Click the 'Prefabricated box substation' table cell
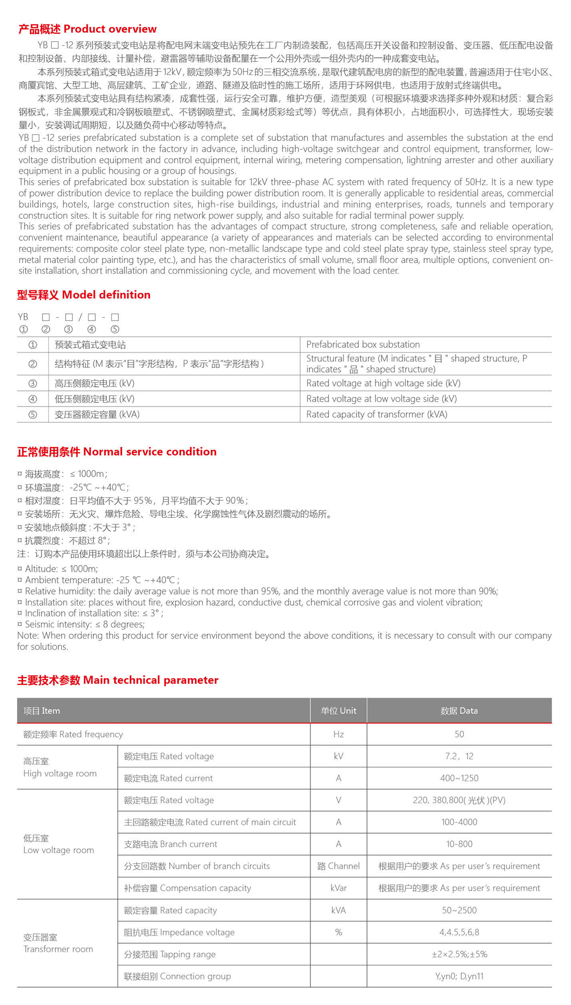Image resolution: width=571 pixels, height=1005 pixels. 363,345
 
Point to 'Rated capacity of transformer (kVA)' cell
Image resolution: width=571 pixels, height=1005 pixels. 376,414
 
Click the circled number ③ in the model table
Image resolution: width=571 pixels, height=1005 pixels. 33,384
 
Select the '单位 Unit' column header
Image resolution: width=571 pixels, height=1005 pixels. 338,711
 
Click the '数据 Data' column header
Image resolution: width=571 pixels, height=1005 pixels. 459,711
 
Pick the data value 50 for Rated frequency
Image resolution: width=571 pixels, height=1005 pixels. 459,734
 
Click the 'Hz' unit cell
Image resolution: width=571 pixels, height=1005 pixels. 338,734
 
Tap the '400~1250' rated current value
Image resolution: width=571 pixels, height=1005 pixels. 459,778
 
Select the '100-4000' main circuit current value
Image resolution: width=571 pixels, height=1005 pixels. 459,822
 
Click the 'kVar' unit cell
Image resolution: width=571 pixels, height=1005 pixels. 338,888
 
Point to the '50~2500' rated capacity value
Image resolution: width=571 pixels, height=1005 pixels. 459,910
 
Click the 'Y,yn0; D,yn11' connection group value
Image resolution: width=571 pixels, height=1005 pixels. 459,976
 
